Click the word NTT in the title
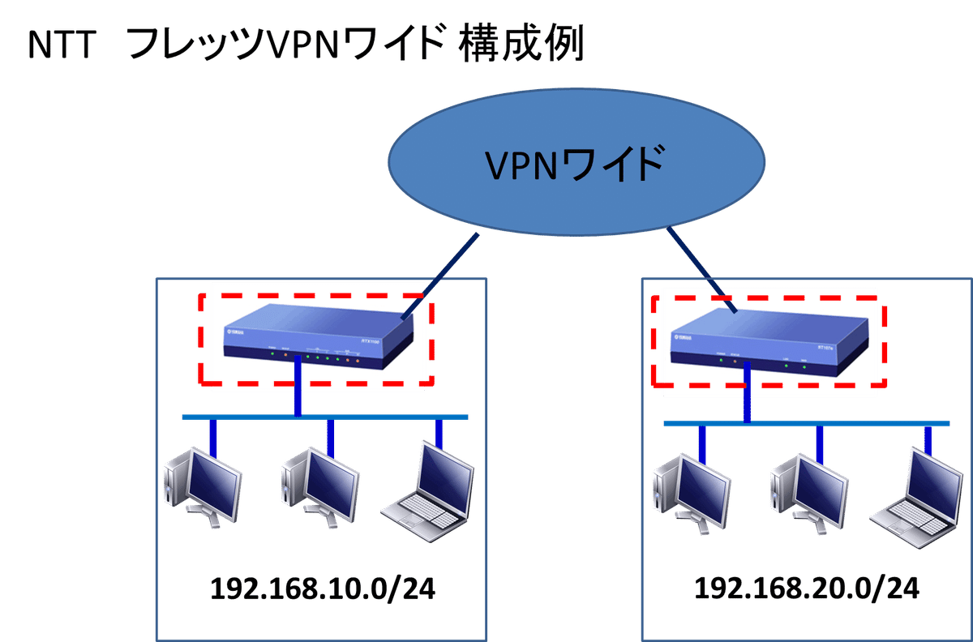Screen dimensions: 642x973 60,47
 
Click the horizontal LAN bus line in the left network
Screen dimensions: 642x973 243,417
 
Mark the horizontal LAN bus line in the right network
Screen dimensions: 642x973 851,423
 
